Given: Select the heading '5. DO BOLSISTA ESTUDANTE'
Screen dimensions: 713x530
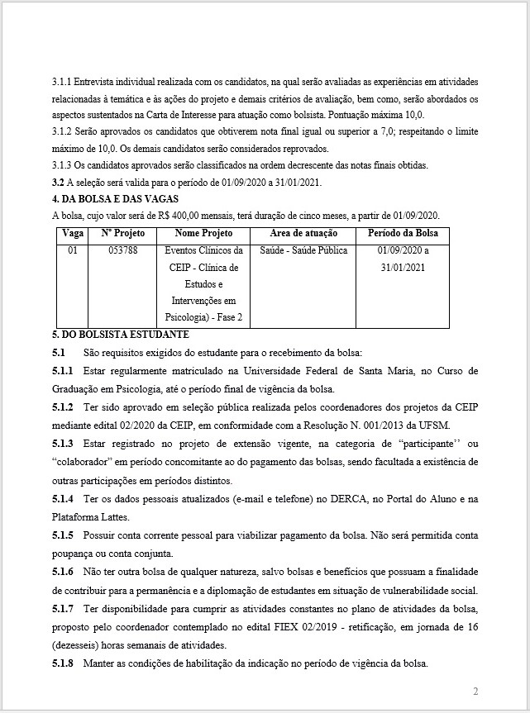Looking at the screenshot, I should [x=120, y=335].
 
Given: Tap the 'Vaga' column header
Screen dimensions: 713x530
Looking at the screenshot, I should [x=73, y=234].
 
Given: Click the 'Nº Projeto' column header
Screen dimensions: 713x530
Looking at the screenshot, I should [x=122, y=234].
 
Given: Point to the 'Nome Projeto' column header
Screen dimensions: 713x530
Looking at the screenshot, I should [x=203, y=234].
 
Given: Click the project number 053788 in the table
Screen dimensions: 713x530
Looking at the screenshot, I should [x=122, y=250].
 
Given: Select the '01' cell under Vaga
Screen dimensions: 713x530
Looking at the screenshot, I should [x=73, y=250].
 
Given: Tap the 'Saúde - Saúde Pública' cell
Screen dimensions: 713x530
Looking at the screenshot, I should [x=303, y=250].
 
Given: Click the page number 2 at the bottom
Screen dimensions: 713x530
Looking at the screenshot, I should [x=475, y=691].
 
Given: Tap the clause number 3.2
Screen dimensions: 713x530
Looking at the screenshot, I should [x=58, y=182].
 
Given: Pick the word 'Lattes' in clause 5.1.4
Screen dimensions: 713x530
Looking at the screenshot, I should [x=127, y=518].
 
